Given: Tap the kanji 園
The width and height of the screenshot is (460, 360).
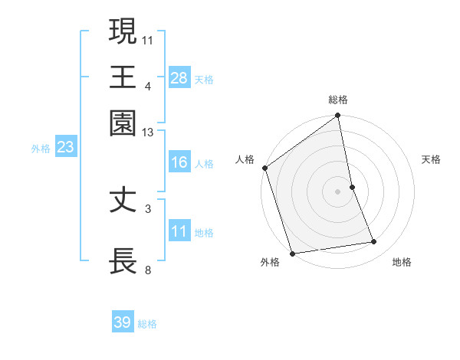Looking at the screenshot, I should [x=123, y=123].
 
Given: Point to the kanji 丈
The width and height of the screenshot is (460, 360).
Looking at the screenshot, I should [x=123, y=200].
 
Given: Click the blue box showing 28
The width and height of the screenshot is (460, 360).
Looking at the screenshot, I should [x=179, y=78].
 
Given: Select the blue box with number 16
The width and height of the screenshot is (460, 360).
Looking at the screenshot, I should [x=179, y=162].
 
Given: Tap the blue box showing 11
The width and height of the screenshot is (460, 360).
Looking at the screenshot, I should [x=179, y=231].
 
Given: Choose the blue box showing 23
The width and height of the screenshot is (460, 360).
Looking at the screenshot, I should [x=65, y=147].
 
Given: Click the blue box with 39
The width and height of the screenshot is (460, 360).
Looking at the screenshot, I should [x=123, y=322].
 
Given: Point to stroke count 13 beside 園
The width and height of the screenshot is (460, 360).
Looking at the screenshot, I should [x=148, y=133].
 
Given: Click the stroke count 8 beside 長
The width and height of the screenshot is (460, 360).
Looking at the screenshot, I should [x=148, y=270].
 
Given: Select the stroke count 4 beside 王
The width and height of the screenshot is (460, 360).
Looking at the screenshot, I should [x=148, y=86].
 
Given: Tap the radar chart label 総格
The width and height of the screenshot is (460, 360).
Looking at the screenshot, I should [x=338, y=100].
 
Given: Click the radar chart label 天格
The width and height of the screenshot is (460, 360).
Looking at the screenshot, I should [x=431, y=159].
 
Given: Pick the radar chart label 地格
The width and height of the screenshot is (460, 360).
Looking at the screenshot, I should [x=402, y=263].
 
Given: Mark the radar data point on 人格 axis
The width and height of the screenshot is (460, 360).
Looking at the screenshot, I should [x=264, y=168].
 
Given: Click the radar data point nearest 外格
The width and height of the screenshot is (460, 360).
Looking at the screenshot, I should [x=292, y=253].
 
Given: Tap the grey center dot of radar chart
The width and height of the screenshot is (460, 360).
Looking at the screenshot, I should [x=337, y=191].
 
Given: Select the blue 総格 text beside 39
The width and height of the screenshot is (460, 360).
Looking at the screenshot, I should [x=147, y=323].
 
